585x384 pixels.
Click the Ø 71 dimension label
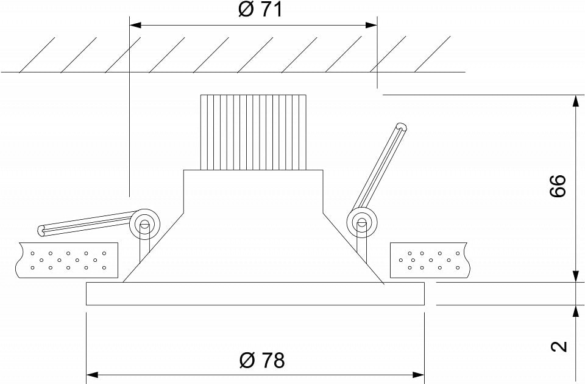260,10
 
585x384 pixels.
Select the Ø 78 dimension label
262,360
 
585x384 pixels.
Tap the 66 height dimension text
558,186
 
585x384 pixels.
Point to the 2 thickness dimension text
559,347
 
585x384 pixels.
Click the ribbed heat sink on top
253,132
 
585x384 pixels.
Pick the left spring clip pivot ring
144,224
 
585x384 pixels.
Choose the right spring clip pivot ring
362,223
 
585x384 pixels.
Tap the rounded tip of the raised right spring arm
402,128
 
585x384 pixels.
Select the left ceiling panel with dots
68,260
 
